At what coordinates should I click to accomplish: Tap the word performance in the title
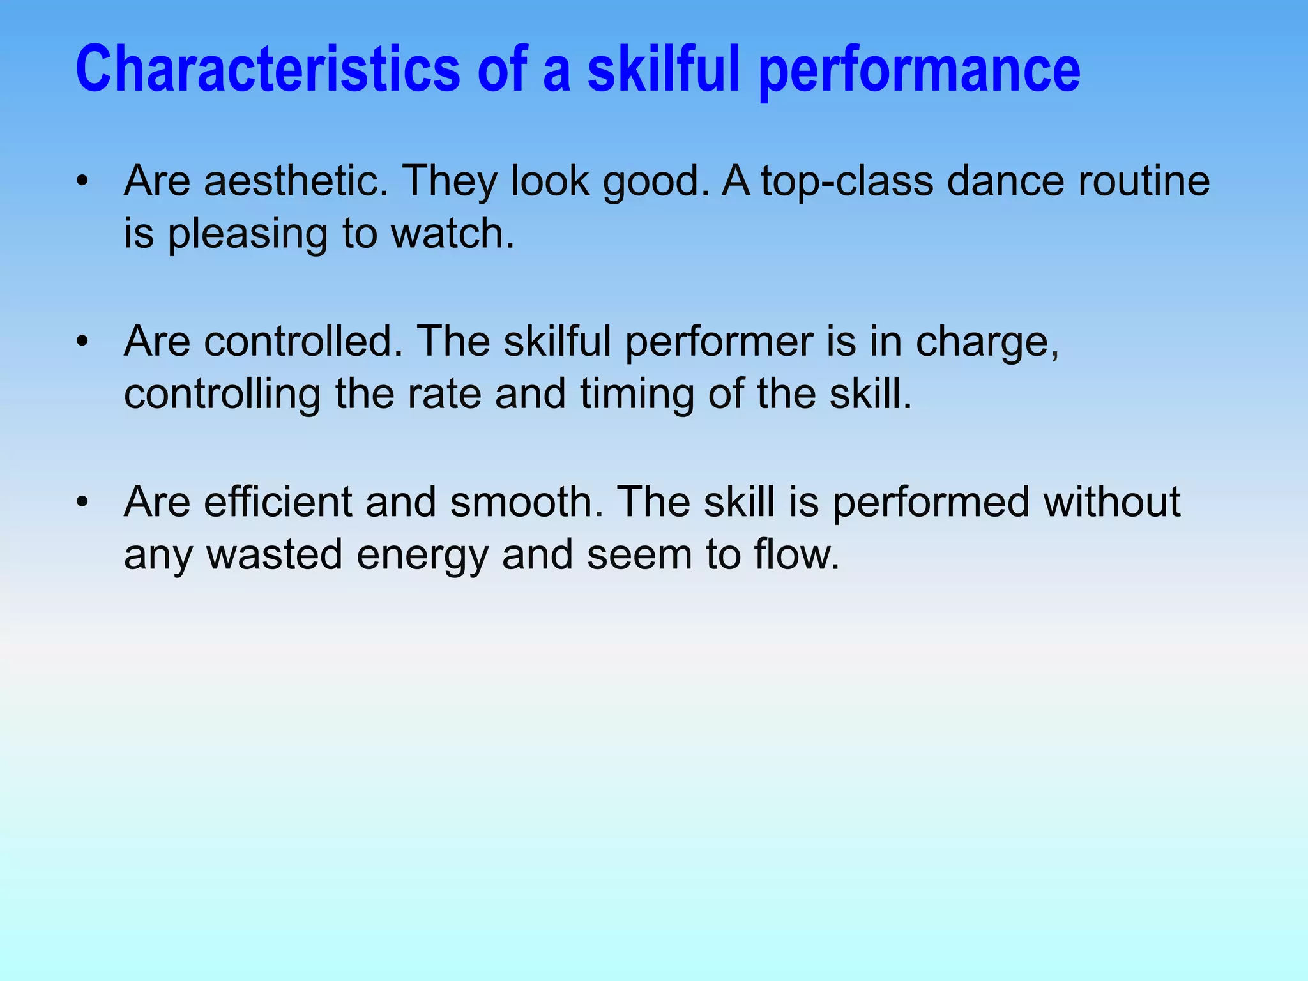[920, 70]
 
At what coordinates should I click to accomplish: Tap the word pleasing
[247, 234]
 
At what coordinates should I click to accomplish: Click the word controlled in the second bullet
[303, 342]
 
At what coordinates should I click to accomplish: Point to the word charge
[987, 343]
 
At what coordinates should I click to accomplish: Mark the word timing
[637, 395]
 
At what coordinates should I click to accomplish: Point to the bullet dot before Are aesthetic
[81, 182]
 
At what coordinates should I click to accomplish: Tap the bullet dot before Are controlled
[81, 342]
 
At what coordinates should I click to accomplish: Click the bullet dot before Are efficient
[81, 502]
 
